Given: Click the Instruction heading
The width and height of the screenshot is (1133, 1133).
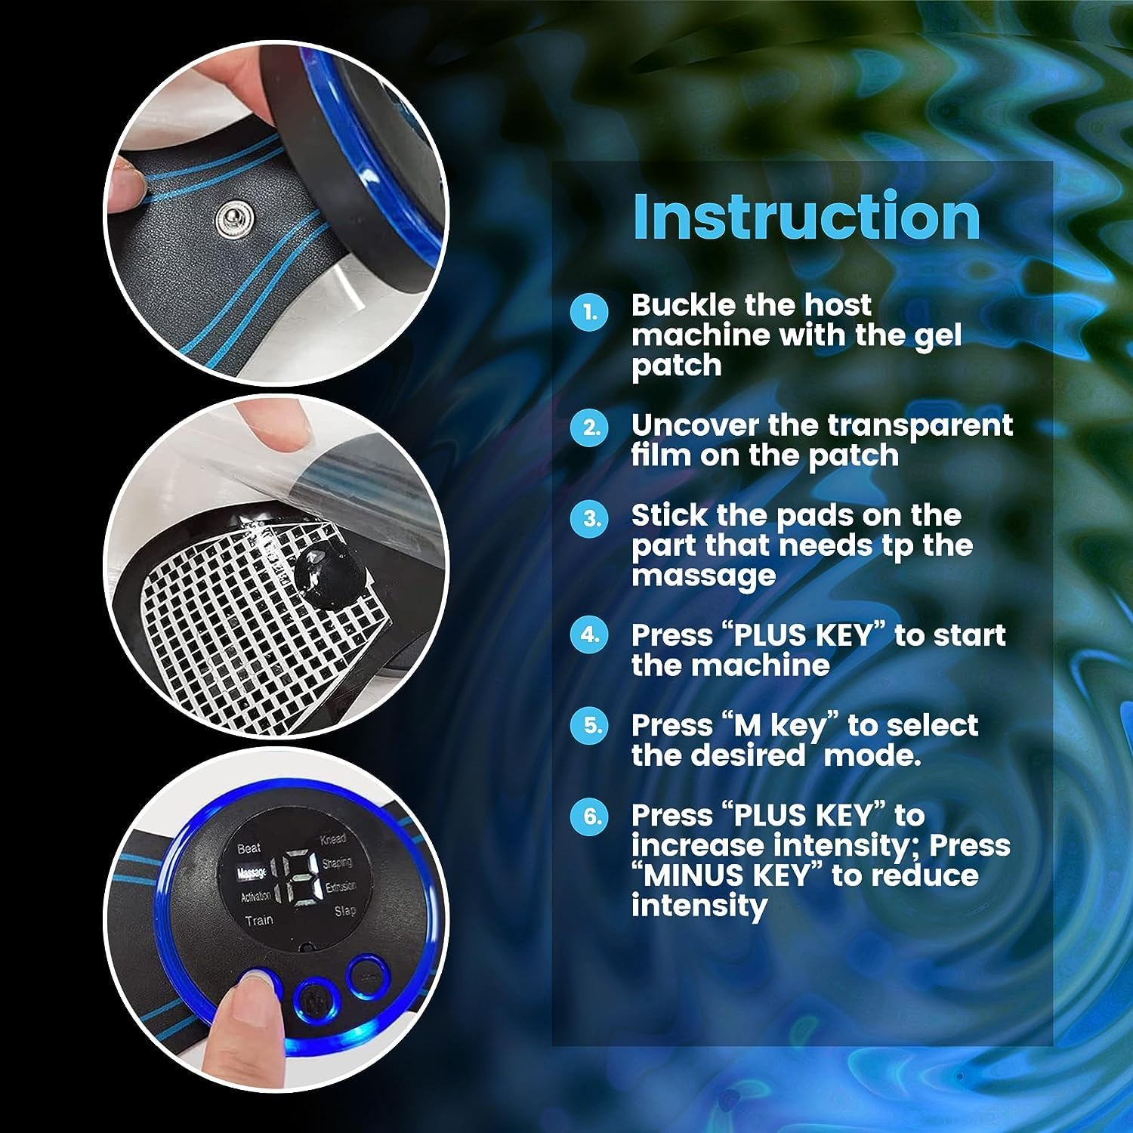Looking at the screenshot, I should (x=806, y=216).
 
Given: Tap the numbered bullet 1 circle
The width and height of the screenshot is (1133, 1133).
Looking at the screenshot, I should (x=589, y=312).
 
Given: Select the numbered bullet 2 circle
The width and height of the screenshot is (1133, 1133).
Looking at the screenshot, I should (x=589, y=428).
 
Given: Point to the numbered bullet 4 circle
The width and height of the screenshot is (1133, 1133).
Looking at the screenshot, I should (x=589, y=635).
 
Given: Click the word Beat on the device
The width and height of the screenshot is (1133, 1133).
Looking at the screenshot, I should (x=249, y=849).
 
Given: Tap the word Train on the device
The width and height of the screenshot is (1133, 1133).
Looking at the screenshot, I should (x=258, y=920).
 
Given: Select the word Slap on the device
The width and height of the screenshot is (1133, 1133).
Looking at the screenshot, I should (x=345, y=910).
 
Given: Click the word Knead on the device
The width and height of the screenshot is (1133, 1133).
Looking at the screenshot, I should (x=333, y=839).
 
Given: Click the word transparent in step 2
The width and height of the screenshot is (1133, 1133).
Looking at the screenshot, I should (x=918, y=426).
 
